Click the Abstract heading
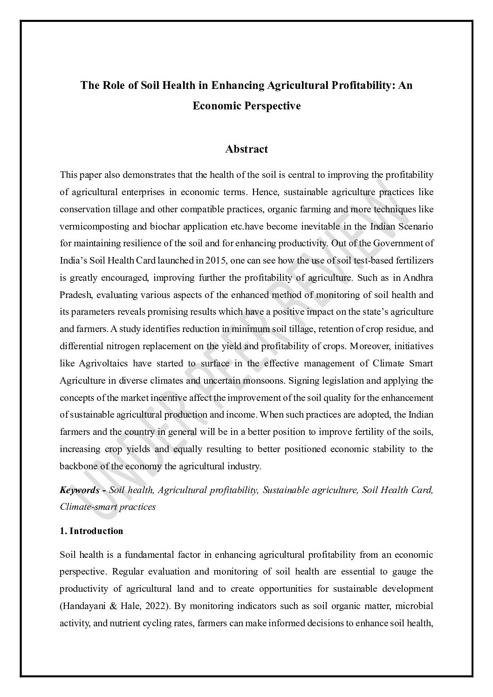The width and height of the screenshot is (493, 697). point(246,149)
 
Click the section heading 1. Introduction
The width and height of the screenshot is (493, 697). point(91,531)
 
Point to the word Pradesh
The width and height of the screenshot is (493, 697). point(73,295)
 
